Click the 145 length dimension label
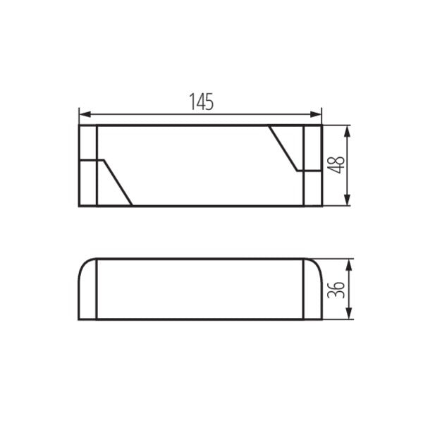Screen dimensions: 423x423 tap(201, 102)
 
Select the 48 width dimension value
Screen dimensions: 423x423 tap(338, 165)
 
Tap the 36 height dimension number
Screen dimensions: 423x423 tap(338, 288)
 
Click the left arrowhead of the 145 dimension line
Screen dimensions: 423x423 tap(82, 114)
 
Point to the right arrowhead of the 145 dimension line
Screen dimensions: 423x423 tap(318, 114)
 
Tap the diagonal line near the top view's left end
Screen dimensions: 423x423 tap(118, 183)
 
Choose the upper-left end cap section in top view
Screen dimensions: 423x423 tap(87, 143)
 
